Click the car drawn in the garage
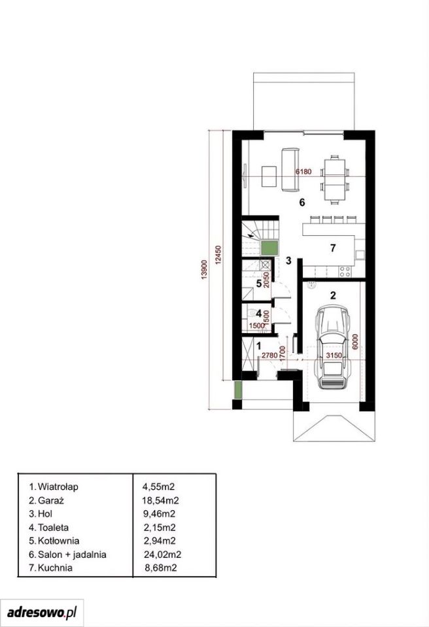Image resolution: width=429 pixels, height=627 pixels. tap(334, 347)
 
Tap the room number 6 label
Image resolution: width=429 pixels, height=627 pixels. tap(302, 202)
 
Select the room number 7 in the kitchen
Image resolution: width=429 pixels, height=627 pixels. tap(333, 248)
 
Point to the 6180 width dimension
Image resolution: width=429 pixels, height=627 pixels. tap(303, 172)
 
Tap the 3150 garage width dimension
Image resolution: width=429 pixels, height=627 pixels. tap(334, 355)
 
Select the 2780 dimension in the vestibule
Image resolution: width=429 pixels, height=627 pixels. tap(269, 355)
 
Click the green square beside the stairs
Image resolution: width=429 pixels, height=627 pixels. tap(270, 248)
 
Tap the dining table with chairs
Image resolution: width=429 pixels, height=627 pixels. tap(335, 180)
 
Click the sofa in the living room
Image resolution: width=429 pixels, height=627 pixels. tap(290, 170)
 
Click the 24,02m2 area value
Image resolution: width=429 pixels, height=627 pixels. tap(163, 555)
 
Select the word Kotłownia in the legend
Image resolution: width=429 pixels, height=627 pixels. tap(58, 541)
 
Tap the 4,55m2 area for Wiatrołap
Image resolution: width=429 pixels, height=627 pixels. tap(159, 487)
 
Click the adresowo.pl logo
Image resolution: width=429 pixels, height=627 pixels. tap(42, 612)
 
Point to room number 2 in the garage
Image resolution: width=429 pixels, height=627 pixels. tap(333, 295)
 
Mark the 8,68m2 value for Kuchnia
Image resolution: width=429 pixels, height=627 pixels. tap(161, 568)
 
